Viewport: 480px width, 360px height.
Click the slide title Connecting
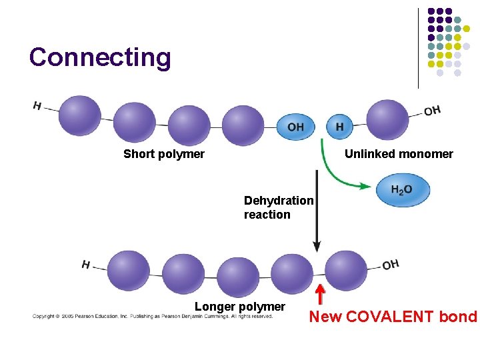[100, 58]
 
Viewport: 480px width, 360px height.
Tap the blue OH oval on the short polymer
[295, 127]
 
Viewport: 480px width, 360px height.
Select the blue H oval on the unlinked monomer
[339, 127]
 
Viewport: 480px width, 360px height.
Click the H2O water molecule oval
[401, 190]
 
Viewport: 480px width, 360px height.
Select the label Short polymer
[164, 154]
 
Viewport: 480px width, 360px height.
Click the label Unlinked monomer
[399, 154]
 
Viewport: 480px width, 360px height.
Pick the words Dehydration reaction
[278, 207]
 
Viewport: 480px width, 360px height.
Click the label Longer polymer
[240, 307]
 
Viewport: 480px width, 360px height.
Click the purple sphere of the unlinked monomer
[387, 120]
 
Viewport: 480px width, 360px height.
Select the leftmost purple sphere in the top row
[80, 115]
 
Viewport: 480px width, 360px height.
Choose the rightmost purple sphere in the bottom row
[346, 271]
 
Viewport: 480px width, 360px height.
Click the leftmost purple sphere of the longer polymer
[129, 271]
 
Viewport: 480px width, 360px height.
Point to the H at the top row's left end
[37, 105]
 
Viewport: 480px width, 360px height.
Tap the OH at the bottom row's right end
[391, 265]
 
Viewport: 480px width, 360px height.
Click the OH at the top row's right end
[432, 110]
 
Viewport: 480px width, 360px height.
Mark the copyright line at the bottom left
[153, 316]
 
